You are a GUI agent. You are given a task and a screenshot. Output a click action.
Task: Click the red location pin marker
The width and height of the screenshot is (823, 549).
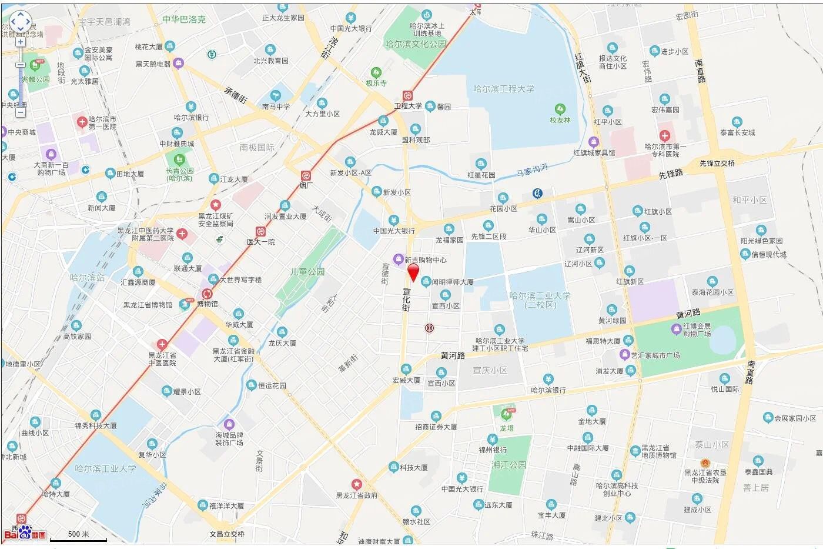coord(413,272)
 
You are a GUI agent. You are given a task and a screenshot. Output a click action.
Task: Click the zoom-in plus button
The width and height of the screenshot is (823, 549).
coord(21,42)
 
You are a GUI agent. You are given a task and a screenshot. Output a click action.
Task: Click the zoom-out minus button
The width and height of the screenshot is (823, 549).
coord(21,112)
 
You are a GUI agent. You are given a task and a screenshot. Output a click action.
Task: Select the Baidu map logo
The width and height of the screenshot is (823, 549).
coord(25,534)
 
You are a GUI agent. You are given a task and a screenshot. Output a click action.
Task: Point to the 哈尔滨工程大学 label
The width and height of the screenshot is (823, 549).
coord(504,89)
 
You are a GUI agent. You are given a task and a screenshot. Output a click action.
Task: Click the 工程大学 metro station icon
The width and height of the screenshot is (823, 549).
coord(407,95)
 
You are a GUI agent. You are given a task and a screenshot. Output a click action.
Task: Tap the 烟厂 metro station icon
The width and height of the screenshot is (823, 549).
coord(306,175)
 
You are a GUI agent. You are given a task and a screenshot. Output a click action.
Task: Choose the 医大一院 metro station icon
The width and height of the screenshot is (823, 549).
coord(260,231)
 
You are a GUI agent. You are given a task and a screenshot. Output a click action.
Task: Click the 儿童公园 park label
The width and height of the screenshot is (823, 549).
coord(307,272)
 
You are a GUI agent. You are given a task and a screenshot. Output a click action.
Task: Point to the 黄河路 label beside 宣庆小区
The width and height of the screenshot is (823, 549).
coord(453,355)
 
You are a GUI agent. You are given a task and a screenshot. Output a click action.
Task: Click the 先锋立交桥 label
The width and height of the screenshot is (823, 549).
coord(717,163)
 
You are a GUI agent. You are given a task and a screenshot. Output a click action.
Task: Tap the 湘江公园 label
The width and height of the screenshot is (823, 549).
coord(509,465)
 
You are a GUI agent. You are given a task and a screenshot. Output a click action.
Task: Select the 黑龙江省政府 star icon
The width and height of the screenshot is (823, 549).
coord(356,484)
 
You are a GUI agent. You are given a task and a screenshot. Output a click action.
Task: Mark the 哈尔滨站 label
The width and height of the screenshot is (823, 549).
coord(87,277)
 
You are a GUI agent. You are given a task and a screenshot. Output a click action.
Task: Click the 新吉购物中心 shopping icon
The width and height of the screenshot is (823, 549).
coord(399,259)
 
